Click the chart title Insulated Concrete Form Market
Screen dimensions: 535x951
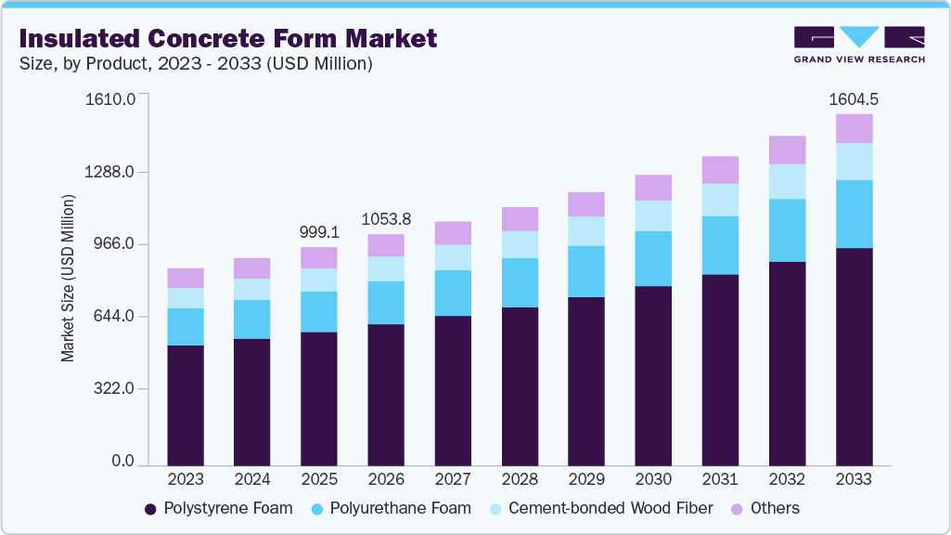pyautogui.click(x=227, y=39)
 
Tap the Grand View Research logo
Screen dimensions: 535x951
pyautogui.click(x=858, y=44)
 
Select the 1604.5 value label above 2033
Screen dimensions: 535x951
pyautogui.click(x=854, y=99)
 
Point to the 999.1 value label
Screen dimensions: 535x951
pyautogui.click(x=319, y=231)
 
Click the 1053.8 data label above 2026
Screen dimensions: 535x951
pyautogui.click(x=386, y=219)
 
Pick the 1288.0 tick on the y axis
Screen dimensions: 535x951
pyautogui.click(x=110, y=173)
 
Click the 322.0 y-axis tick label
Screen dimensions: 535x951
pyautogui.click(x=114, y=389)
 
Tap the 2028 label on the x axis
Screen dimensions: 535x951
pyautogui.click(x=520, y=479)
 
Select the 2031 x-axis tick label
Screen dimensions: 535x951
pyautogui.click(x=720, y=479)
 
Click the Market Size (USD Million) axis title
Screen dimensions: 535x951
pyautogui.click(x=68, y=279)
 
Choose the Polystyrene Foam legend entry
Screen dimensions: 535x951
pyautogui.click(x=218, y=508)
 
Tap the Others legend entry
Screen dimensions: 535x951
pyautogui.click(x=765, y=508)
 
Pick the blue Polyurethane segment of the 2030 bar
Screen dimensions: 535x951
pyautogui.click(x=653, y=258)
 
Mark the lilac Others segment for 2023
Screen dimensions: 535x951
pyautogui.click(x=186, y=278)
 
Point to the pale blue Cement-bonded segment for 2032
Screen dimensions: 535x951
pyautogui.click(x=787, y=181)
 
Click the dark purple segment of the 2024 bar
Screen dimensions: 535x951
pyautogui.click(x=252, y=401)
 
